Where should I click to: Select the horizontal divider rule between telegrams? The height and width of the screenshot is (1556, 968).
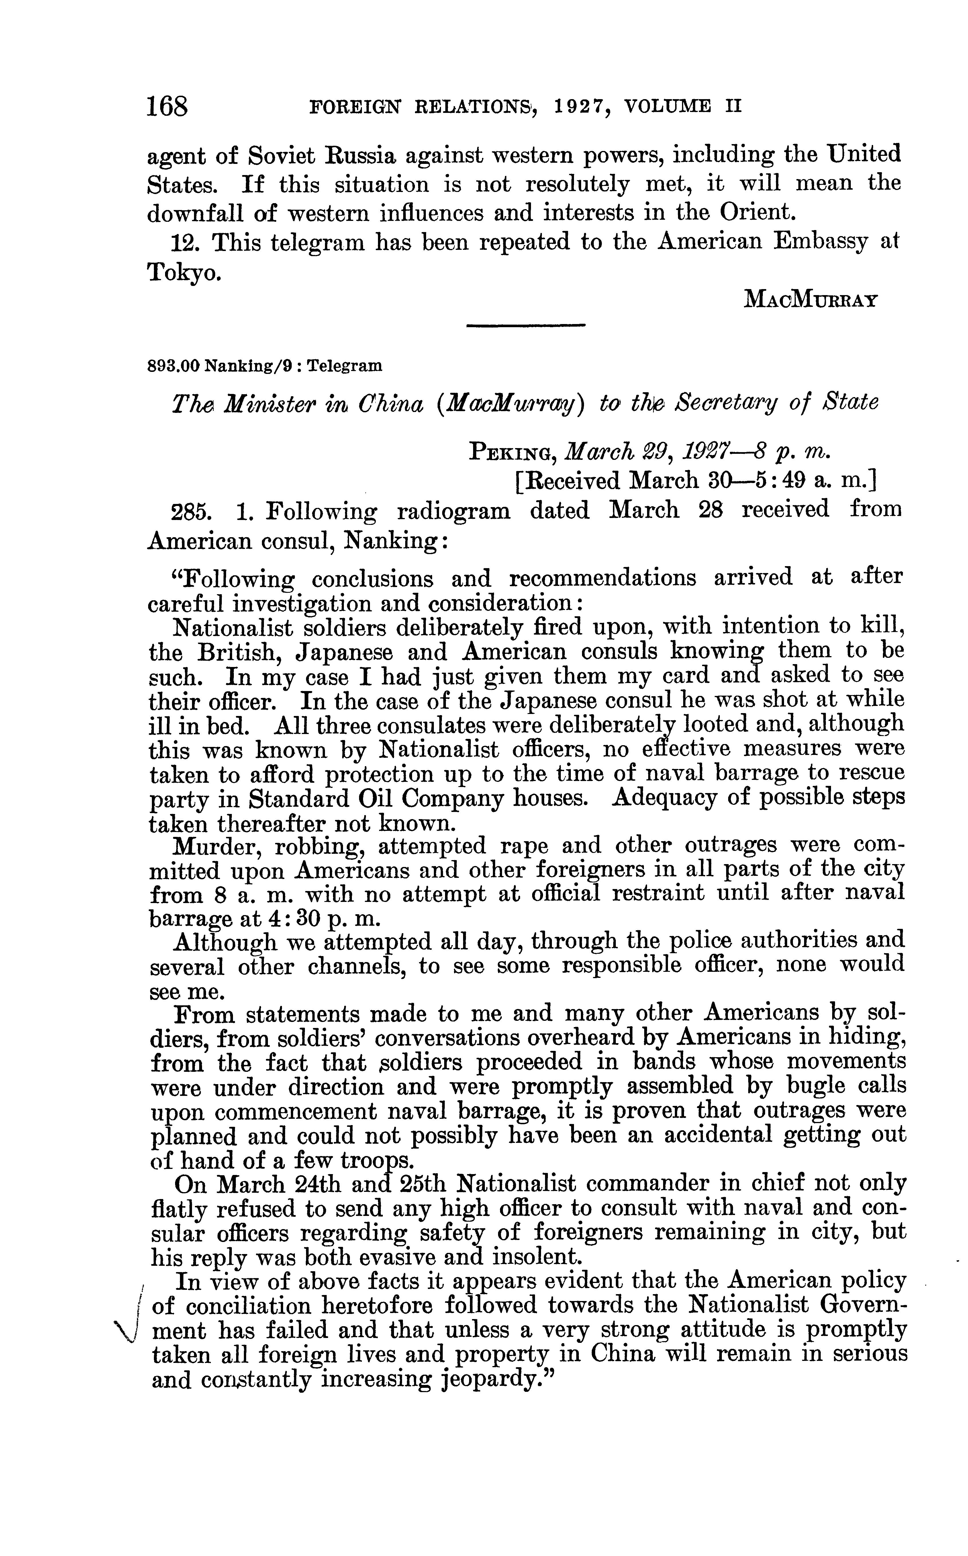pyautogui.click(x=526, y=327)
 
